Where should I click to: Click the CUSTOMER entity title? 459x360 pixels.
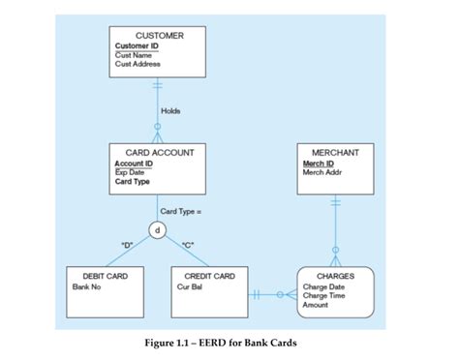pyautogui.click(x=159, y=35)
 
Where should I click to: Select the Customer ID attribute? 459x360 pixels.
pyautogui.click(x=137, y=45)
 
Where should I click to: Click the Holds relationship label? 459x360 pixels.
pyautogui.click(x=169, y=110)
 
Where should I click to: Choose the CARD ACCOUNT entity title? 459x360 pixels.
pyautogui.click(x=159, y=153)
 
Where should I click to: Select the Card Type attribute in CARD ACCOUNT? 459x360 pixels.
pyautogui.click(x=133, y=182)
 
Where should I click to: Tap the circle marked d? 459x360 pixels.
pyautogui.click(x=159, y=229)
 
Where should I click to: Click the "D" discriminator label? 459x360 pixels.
pyautogui.click(x=127, y=243)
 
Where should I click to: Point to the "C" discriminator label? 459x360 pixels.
pyautogui.click(x=188, y=243)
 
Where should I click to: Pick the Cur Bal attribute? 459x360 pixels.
pyautogui.click(x=190, y=286)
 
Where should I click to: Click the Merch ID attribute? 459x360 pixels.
pyautogui.click(x=316, y=164)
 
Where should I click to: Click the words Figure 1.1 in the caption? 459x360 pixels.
pyautogui.click(x=168, y=344)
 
